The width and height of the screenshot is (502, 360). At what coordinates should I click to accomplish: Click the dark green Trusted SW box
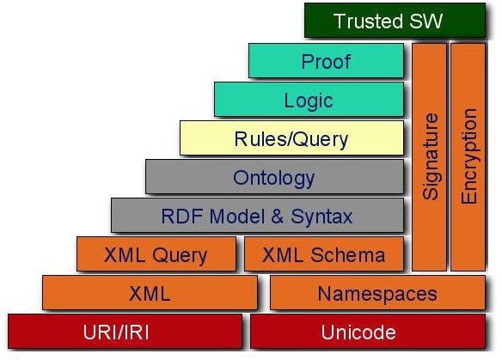395,21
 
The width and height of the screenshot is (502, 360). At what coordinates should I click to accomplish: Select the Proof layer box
326,61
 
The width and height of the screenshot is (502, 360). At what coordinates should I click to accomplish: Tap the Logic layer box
309,100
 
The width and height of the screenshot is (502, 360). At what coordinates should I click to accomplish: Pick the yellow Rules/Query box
291,138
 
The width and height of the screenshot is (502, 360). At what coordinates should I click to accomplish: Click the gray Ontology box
274,177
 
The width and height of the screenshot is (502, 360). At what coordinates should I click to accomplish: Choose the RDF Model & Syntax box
257,216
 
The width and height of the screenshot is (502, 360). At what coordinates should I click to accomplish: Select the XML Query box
156,254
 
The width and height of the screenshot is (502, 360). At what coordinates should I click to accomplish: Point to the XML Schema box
324,254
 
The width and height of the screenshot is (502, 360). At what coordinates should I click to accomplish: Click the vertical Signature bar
429,157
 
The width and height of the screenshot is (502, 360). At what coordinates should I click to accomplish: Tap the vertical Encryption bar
468,157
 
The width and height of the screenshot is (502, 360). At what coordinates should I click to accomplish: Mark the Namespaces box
377,292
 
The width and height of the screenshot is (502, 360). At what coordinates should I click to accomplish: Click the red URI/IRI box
125,331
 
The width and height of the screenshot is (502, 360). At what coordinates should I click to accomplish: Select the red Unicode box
368,331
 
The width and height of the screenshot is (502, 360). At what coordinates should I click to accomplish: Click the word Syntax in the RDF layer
321,217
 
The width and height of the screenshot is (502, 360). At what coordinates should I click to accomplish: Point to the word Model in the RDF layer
237,216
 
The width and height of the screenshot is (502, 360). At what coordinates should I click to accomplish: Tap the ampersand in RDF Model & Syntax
278,217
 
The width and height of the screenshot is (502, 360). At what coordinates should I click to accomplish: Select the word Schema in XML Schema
347,254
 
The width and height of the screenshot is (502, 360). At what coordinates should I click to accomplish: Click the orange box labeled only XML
150,292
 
